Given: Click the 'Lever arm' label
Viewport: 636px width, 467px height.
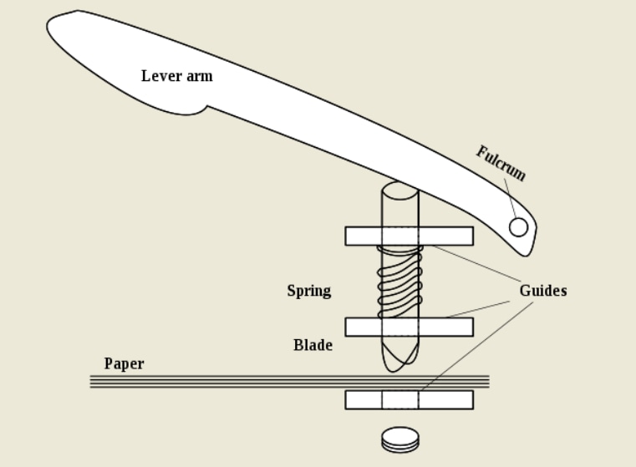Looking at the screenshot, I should click(176, 76).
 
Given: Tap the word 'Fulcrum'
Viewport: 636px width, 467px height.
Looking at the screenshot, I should click(501, 163).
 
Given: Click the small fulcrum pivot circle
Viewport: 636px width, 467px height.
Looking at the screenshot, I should click(518, 226).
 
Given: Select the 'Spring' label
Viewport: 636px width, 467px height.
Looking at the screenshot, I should click(308, 291).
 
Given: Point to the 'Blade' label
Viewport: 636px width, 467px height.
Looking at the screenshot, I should click(313, 344).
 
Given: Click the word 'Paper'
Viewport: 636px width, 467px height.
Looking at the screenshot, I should click(124, 363).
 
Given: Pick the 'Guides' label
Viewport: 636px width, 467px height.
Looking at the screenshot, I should click(542, 291).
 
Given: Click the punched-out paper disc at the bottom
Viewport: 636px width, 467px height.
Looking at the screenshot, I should click(399, 438).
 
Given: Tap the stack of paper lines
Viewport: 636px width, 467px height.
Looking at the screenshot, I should click(209, 382).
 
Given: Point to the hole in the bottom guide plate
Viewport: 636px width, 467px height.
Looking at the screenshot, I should click(400, 399).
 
